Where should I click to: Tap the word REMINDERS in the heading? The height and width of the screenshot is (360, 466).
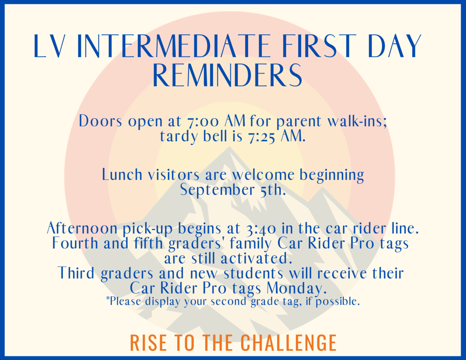point(228,75)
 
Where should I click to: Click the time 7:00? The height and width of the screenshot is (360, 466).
point(203,121)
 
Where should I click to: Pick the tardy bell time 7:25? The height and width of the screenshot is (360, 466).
point(261,137)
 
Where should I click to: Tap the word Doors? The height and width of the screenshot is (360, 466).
point(101,121)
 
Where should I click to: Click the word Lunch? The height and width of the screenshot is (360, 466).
point(122,174)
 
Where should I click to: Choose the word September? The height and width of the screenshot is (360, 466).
point(217,190)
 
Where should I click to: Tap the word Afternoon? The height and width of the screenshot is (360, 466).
point(82,228)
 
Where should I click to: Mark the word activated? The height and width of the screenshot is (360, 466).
point(255,258)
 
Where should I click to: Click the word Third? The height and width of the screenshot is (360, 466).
point(76,273)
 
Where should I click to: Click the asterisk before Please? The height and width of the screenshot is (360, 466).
point(108,298)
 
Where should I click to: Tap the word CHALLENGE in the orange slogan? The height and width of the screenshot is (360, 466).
point(288,343)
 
